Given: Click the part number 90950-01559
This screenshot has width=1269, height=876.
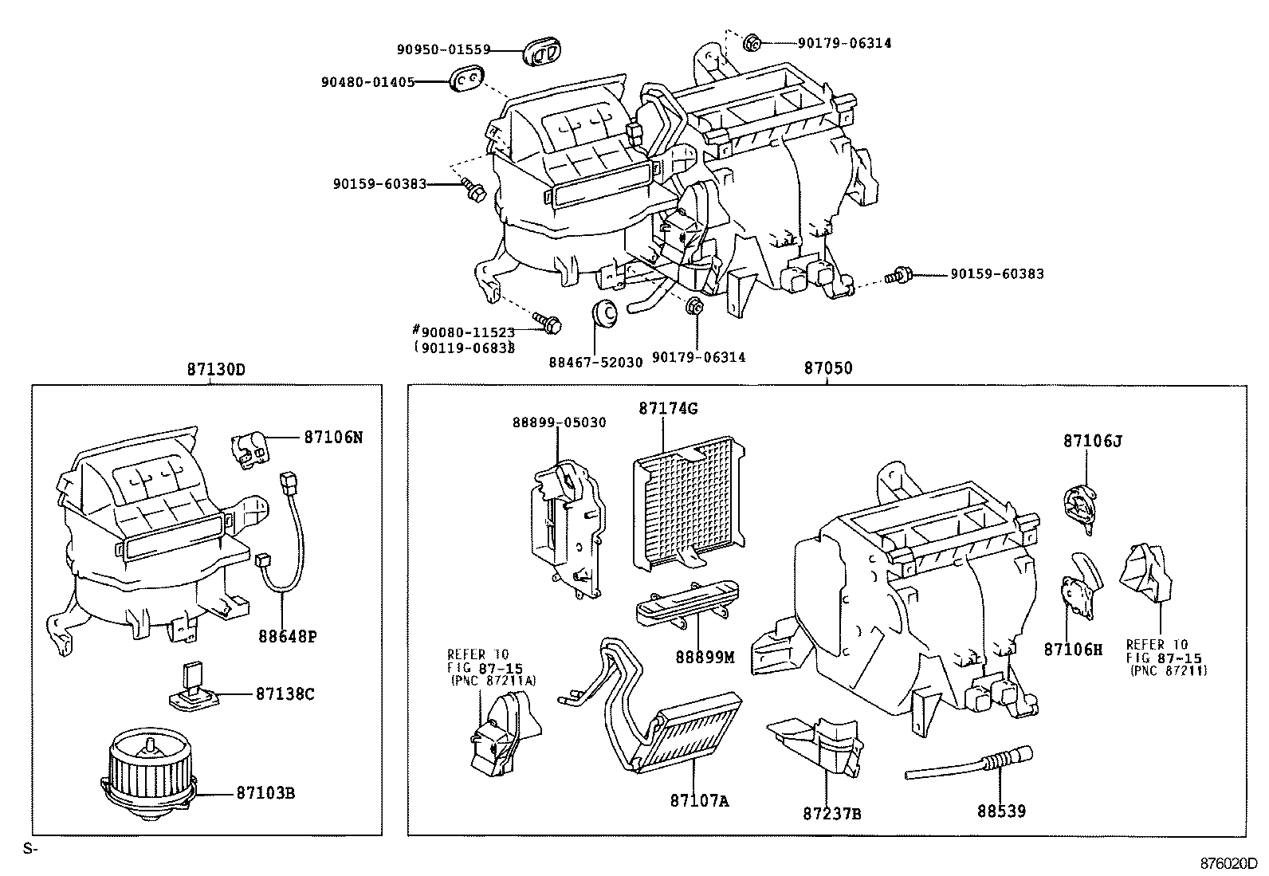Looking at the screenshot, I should [x=443, y=49].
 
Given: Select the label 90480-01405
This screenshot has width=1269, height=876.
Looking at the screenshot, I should [x=367, y=81].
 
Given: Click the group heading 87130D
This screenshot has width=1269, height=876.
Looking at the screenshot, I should [x=216, y=370].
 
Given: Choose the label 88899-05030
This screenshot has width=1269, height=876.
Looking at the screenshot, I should [x=559, y=422].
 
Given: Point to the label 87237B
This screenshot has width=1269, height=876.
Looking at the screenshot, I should [x=831, y=814].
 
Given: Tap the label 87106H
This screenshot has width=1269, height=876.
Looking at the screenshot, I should [x=1073, y=650].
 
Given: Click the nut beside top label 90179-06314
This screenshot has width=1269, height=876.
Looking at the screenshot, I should [x=752, y=42].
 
